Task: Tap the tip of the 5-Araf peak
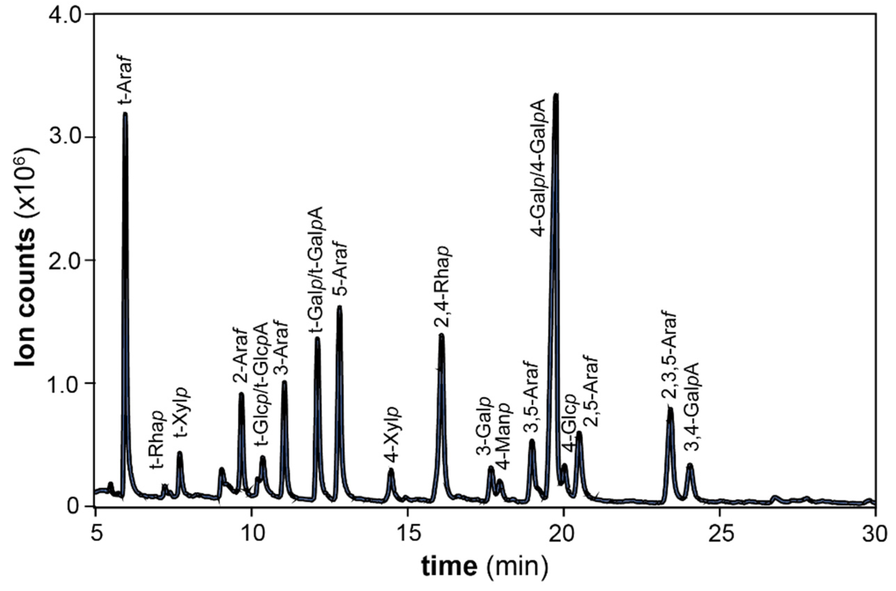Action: click(340, 307)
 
